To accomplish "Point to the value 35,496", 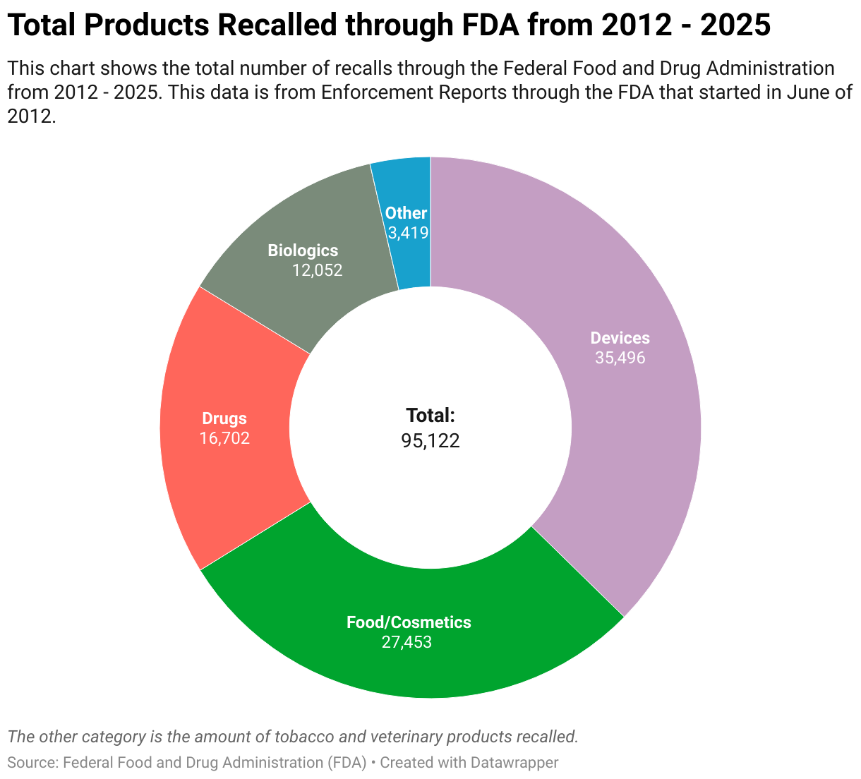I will [620, 358].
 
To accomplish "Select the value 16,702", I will [224, 438].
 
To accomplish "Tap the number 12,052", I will [317, 270].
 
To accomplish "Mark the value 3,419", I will [408, 232].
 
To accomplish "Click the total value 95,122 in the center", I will [430, 441].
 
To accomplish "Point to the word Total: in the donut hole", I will [430, 415].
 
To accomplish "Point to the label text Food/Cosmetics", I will [409, 622].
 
